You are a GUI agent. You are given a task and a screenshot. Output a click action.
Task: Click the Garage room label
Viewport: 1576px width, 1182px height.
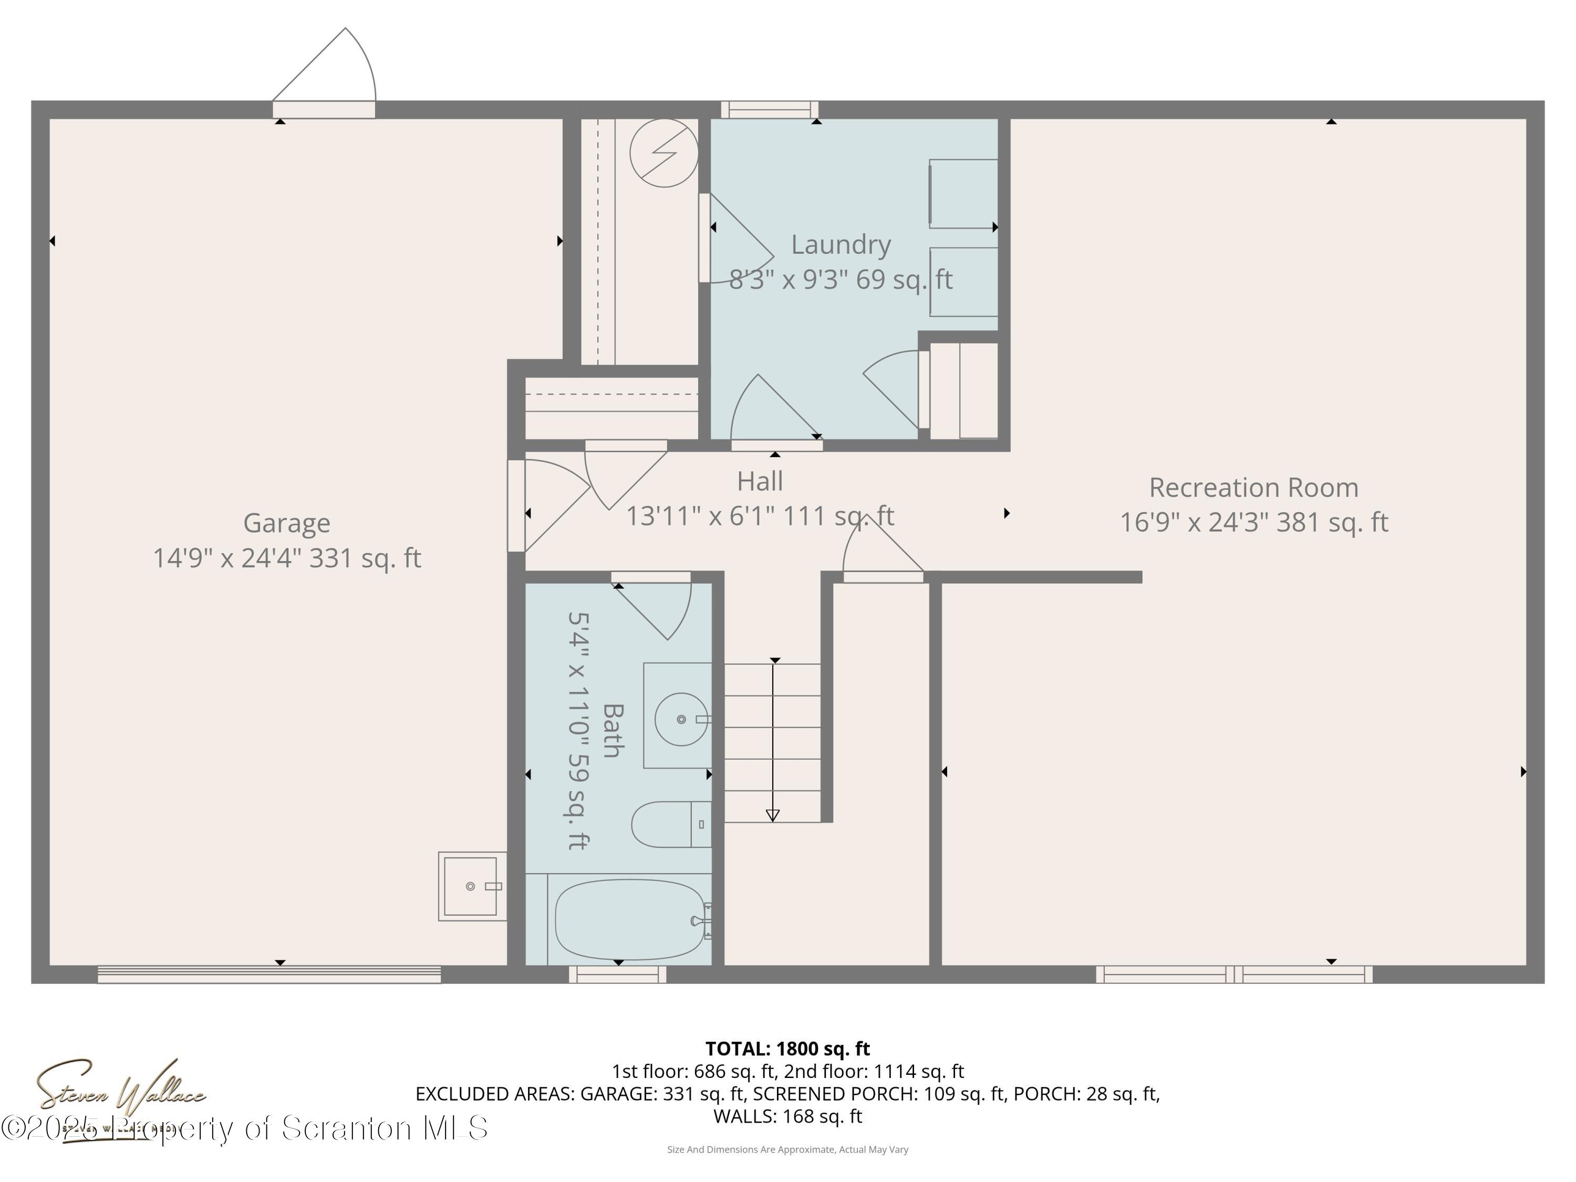[x=286, y=523]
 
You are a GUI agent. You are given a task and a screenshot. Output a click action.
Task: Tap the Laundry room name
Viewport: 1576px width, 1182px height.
[x=841, y=244]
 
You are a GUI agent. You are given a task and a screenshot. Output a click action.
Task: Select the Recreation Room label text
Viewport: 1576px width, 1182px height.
[x=1253, y=488]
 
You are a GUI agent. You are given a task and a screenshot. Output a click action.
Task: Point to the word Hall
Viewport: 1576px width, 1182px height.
[x=760, y=481]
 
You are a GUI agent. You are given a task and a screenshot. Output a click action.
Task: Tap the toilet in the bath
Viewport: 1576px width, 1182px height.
[x=670, y=824]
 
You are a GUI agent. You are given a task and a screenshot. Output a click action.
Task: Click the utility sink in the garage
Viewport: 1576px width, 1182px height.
[x=470, y=886]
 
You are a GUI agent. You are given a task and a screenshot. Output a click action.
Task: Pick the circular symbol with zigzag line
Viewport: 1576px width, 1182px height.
[x=663, y=153]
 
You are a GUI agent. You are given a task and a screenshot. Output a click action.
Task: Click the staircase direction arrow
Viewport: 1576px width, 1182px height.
[x=773, y=741]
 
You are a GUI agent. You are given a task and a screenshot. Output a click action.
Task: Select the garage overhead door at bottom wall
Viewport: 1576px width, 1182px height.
[x=269, y=974]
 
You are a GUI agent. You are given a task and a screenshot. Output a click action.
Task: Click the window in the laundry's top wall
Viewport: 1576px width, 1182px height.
[x=770, y=110]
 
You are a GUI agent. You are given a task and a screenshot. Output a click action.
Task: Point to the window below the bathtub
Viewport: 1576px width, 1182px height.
[x=617, y=974]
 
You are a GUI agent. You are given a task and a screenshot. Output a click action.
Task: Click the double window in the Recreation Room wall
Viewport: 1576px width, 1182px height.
[x=1234, y=974]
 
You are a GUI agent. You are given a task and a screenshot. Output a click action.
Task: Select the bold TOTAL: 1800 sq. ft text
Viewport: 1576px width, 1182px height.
[x=787, y=1049]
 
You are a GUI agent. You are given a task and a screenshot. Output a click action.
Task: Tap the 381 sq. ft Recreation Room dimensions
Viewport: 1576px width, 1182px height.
[x=1253, y=523]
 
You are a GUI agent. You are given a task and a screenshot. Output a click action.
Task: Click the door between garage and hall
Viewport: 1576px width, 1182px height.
[x=516, y=506]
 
